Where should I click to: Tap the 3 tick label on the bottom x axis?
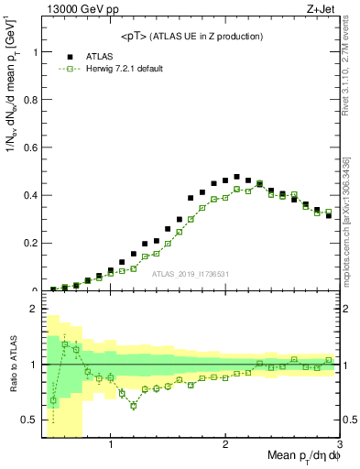(x=339, y=445)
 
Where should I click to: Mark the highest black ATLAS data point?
(x=236, y=177)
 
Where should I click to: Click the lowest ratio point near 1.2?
(x=134, y=405)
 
